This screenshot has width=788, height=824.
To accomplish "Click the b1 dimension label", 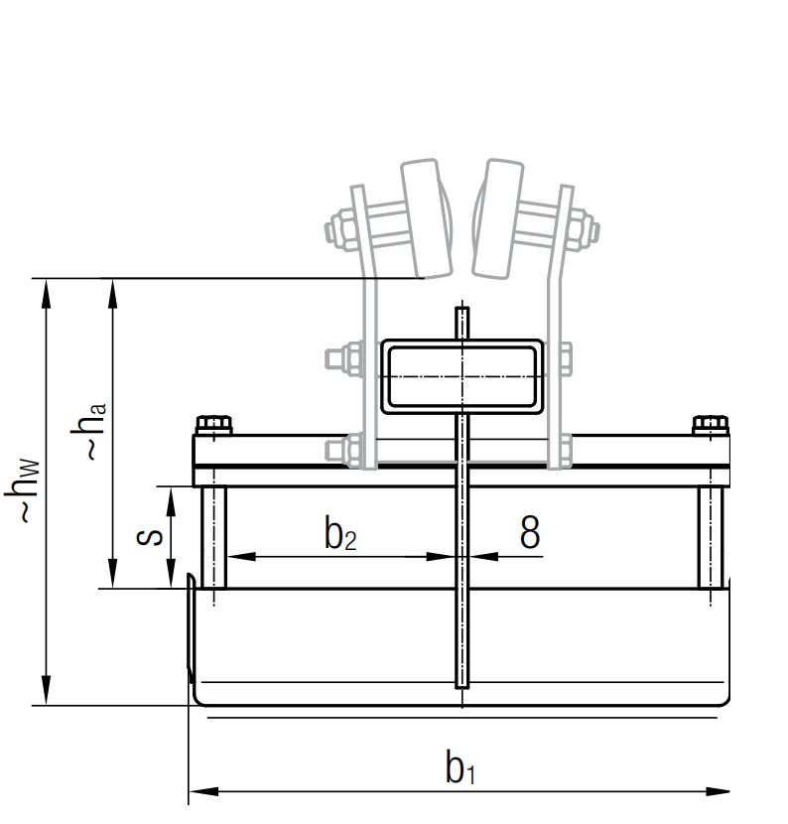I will [x=460, y=767].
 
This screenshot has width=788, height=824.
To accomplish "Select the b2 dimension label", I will [x=339, y=534].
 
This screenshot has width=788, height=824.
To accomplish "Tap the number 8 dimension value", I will [x=531, y=533].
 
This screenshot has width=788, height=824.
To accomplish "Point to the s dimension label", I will [x=149, y=537].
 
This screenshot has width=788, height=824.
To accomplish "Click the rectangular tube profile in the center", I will [x=462, y=376].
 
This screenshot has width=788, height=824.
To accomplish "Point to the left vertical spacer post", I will [x=213, y=537].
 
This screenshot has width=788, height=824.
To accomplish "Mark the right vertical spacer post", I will [x=711, y=537].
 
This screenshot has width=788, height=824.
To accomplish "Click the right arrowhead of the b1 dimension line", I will [x=721, y=791].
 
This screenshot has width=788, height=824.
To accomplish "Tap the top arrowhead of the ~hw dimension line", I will [x=45, y=290].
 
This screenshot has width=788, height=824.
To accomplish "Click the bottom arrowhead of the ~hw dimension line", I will [x=45, y=694].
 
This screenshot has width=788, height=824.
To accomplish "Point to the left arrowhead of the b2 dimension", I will [x=236, y=556].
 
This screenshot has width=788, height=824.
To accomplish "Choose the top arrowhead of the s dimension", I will [x=172, y=496].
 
